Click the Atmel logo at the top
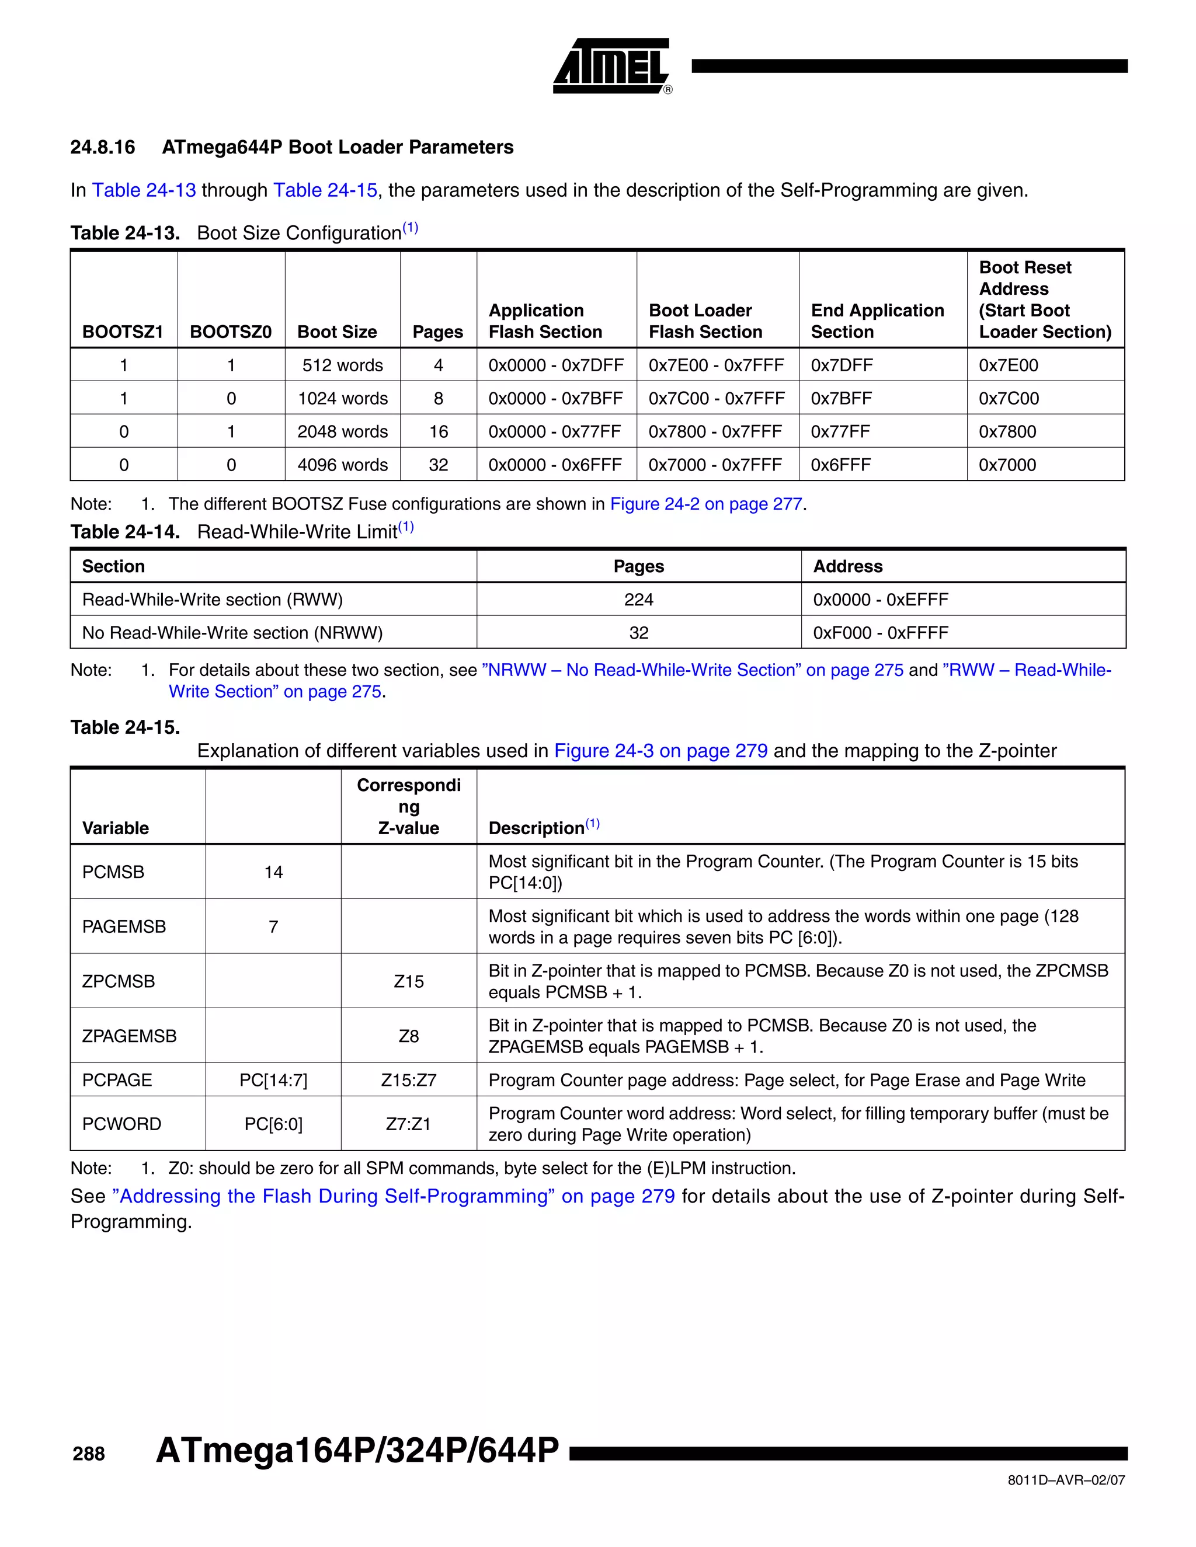611,66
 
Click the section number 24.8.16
103,147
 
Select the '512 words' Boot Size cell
342,365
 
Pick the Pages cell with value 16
438,431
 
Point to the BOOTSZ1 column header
123,332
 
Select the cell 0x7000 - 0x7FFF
715,465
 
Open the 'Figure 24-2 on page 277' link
705,504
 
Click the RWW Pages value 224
638,600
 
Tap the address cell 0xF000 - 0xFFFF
880,633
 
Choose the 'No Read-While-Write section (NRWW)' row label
232,633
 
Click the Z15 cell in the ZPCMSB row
409,981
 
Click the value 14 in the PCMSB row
273,872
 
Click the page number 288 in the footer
89,1454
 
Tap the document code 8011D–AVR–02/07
1066,1480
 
